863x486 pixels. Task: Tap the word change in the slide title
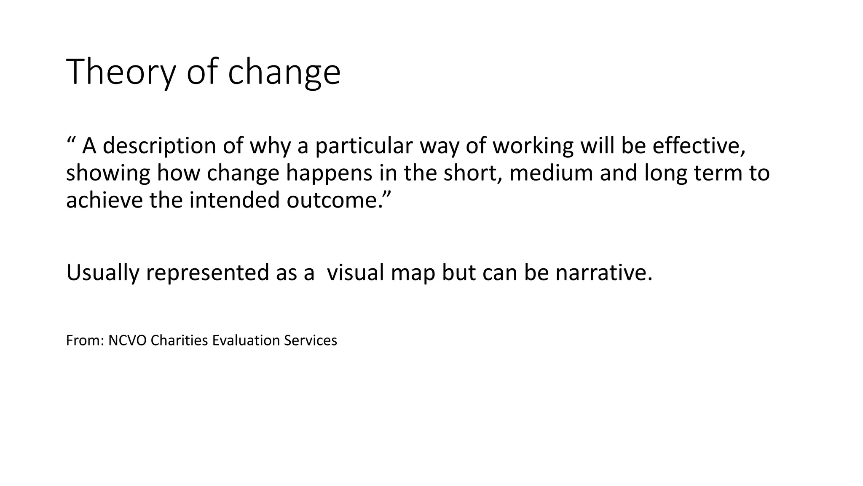coord(284,73)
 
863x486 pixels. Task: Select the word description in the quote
coord(159,146)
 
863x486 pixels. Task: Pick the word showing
coord(108,173)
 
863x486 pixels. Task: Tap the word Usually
coord(102,273)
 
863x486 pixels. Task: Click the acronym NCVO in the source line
coord(127,340)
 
